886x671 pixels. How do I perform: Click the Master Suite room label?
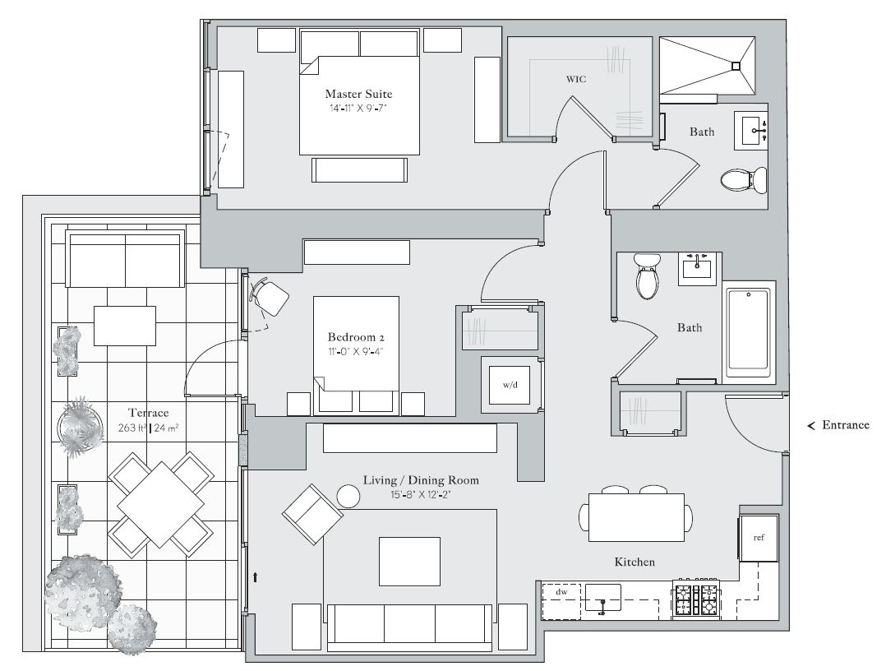(x=358, y=94)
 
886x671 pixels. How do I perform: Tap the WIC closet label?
(x=576, y=79)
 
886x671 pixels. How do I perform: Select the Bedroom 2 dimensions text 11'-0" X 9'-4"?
(x=355, y=351)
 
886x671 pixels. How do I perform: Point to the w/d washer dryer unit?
(x=510, y=385)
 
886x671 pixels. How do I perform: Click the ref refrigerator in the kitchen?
(x=759, y=538)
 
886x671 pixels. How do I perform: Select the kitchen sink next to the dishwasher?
(x=603, y=599)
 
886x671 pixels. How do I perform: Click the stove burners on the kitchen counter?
(x=696, y=599)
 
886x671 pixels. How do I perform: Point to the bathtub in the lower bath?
(x=748, y=332)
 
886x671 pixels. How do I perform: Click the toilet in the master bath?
(x=744, y=180)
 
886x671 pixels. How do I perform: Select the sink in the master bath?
(x=751, y=131)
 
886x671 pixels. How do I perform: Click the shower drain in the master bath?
(x=735, y=66)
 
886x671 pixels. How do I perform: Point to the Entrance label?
(x=845, y=425)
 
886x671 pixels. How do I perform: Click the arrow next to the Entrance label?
(x=811, y=426)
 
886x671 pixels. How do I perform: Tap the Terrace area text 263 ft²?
(x=132, y=428)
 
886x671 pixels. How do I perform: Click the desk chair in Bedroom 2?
(x=270, y=296)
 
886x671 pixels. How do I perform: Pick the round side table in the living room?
(x=348, y=497)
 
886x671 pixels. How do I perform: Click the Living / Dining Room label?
(x=421, y=480)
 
